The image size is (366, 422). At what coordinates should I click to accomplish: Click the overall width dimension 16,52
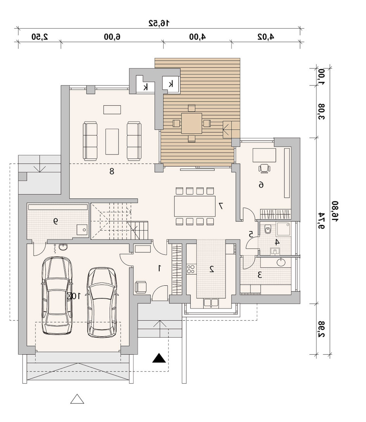pyautogui.click(x=159, y=23)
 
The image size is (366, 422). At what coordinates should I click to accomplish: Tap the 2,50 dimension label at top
pyautogui.click(x=40, y=37)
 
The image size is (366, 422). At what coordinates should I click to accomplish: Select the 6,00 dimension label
pyautogui.click(x=112, y=37)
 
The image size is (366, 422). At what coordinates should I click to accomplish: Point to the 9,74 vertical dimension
pyautogui.click(x=321, y=221)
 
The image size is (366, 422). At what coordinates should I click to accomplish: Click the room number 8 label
pyautogui.click(x=112, y=171)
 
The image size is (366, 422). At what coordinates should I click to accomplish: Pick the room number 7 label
pyautogui.click(x=221, y=206)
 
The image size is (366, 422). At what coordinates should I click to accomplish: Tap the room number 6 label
pyautogui.click(x=261, y=185)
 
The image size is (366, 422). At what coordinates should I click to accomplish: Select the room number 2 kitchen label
pyautogui.click(x=212, y=269)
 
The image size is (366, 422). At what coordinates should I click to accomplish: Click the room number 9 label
pyautogui.click(x=55, y=221)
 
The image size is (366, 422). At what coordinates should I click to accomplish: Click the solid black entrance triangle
pyautogui.click(x=159, y=358)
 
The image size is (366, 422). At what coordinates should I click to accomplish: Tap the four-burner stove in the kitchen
pyautogui.click(x=192, y=269)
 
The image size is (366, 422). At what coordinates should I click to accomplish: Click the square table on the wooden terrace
pyautogui.click(x=192, y=124)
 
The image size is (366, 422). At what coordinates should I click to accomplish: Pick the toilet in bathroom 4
pyautogui.click(x=268, y=230)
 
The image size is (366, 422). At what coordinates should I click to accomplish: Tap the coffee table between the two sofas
pyautogui.click(x=112, y=142)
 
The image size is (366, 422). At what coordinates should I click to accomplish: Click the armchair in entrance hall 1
pyautogui.click(x=140, y=287)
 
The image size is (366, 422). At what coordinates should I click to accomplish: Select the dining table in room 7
pyautogui.click(x=195, y=206)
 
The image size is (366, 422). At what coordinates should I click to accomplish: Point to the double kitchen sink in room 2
pyautogui.click(x=211, y=303)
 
